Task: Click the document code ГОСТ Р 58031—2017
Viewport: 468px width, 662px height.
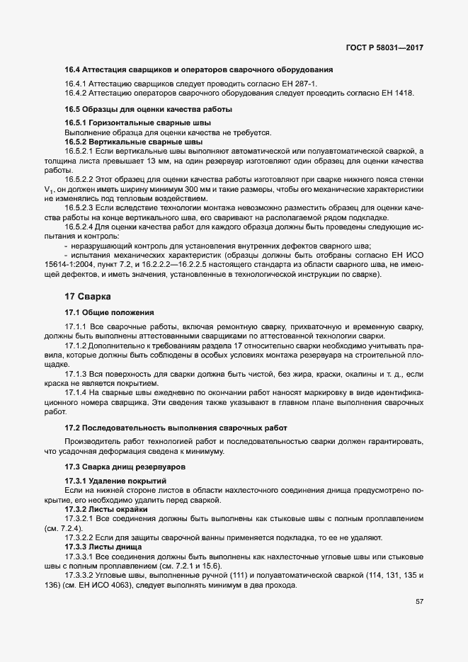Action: click(x=389, y=47)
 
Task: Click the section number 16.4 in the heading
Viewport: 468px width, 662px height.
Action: click(x=72, y=69)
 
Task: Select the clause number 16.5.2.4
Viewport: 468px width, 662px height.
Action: click(x=81, y=227)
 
